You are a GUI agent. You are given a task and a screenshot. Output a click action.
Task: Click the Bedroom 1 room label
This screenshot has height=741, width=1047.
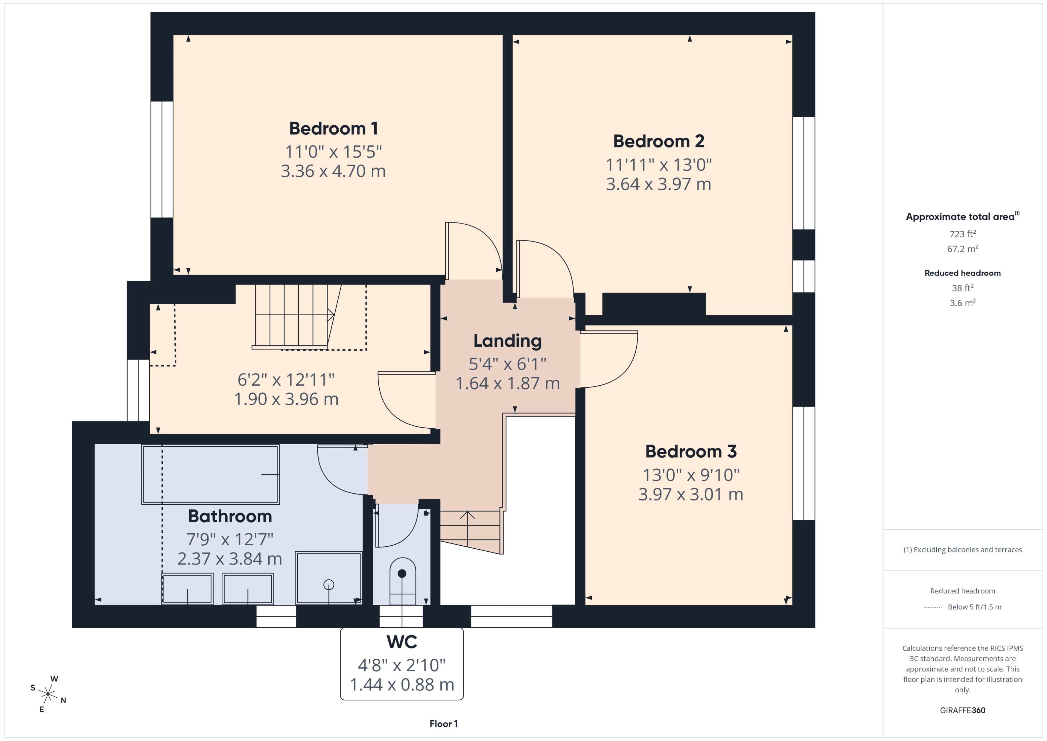[x=334, y=129]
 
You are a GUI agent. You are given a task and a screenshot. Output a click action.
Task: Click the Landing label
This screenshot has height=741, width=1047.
[x=507, y=341]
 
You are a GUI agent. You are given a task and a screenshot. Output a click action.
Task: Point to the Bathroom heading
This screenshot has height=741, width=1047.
[x=230, y=516]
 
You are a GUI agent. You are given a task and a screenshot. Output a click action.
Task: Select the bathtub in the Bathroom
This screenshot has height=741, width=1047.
[x=210, y=474]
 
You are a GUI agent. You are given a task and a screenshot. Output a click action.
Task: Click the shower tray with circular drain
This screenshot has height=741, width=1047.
[x=328, y=578]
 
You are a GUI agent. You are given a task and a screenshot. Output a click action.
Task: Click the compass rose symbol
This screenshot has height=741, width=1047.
[x=48, y=694]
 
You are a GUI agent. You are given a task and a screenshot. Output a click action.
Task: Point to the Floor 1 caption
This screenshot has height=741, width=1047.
[x=443, y=724]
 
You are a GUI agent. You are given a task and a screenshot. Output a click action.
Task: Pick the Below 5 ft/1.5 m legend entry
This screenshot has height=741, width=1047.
[x=974, y=607]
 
